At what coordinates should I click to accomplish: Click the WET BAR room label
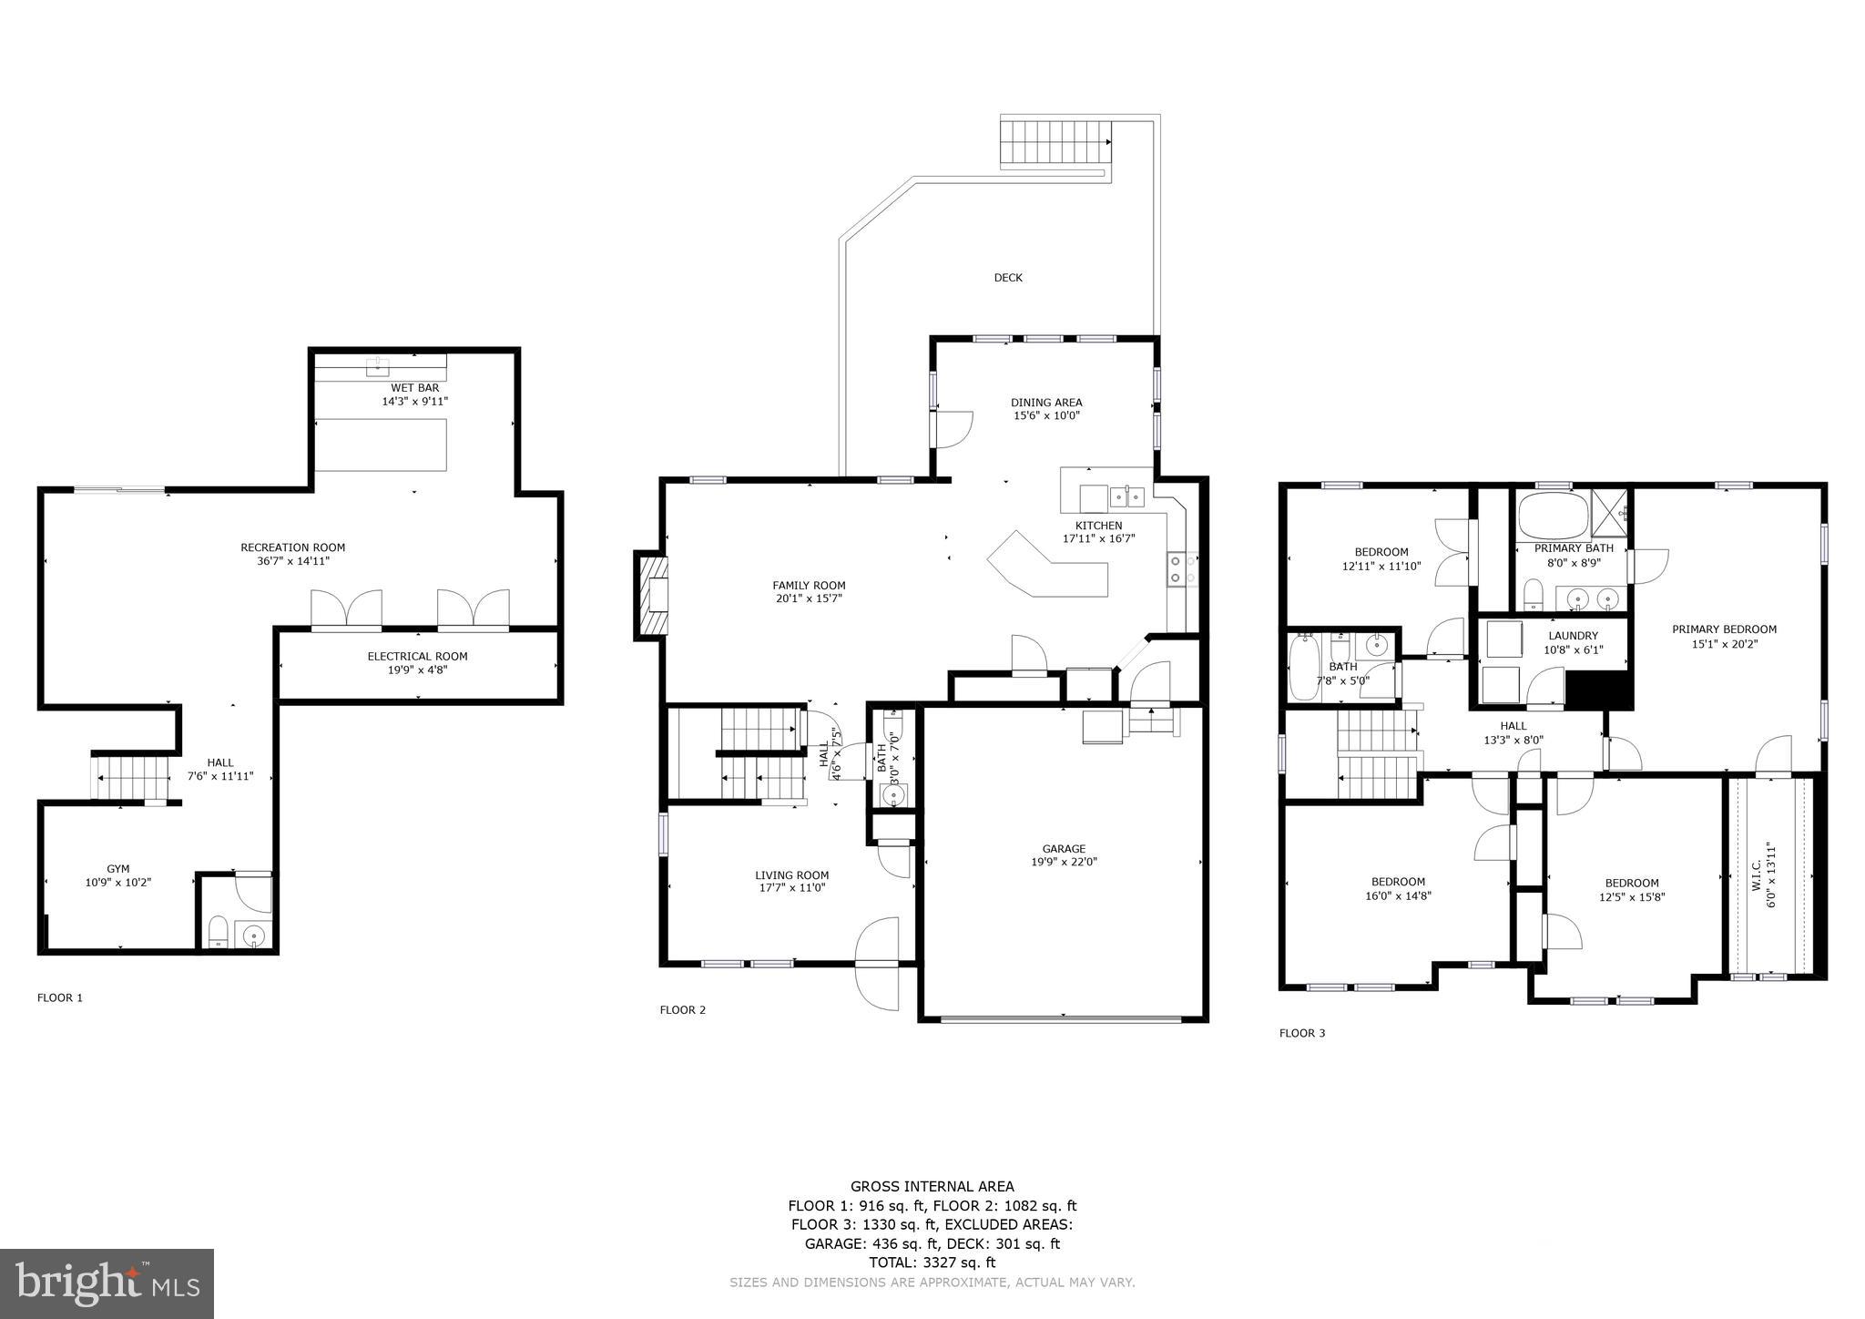[x=414, y=388]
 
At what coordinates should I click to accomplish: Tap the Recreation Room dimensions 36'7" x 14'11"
[x=292, y=561]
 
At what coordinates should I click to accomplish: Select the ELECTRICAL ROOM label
[x=417, y=656]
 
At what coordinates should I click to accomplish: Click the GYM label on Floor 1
[x=117, y=869]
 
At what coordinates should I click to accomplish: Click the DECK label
[x=1007, y=278]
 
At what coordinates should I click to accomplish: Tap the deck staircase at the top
[x=1055, y=143]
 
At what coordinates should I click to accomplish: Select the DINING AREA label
[x=1045, y=403]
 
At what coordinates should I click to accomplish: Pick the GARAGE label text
[x=1064, y=849]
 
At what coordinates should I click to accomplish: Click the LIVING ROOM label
[x=791, y=875]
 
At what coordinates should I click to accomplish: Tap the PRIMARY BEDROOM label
[x=1723, y=629]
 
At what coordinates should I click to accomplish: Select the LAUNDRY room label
[x=1573, y=636]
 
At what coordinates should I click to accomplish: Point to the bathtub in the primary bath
[x=1552, y=516]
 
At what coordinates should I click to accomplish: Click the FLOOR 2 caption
[x=682, y=1009]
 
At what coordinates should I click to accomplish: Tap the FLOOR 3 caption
[x=1302, y=1033]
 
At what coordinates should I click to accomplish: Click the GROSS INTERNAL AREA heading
[x=932, y=1186]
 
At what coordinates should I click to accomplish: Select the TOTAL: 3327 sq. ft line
[x=932, y=1263]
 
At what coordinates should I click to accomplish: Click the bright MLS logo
[x=107, y=1284]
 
